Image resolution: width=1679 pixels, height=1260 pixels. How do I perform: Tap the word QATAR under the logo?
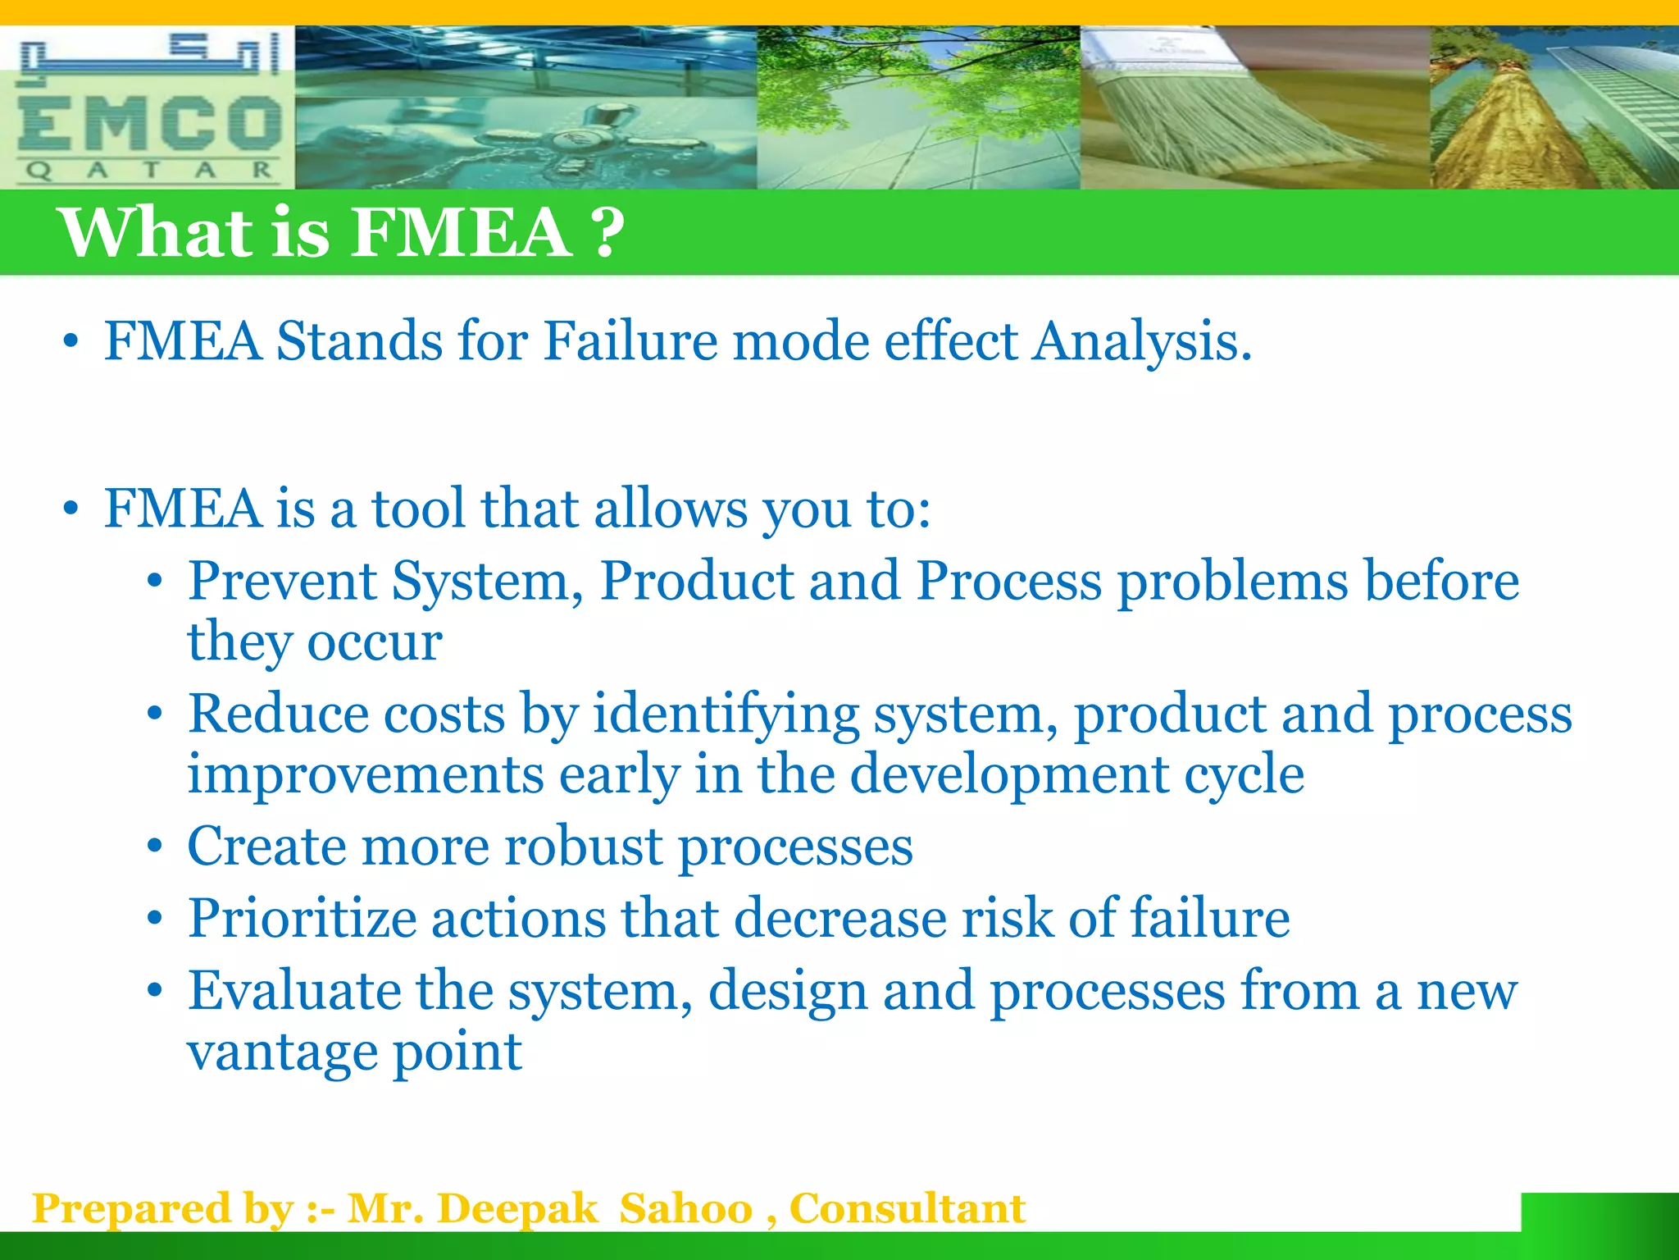click(x=148, y=171)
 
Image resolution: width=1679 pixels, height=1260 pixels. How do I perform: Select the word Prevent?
click(x=282, y=581)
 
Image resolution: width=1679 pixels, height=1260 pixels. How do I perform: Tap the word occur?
click(x=375, y=641)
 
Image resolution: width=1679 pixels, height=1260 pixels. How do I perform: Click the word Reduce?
click(x=278, y=714)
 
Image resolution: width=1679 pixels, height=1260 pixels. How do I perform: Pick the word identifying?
click(x=726, y=714)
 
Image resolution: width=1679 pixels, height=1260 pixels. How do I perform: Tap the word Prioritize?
click(x=302, y=918)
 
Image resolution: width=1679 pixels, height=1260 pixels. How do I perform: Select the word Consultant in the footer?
click(x=907, y=1209)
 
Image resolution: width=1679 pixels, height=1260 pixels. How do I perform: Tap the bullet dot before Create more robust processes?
click(x=155, y=847)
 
